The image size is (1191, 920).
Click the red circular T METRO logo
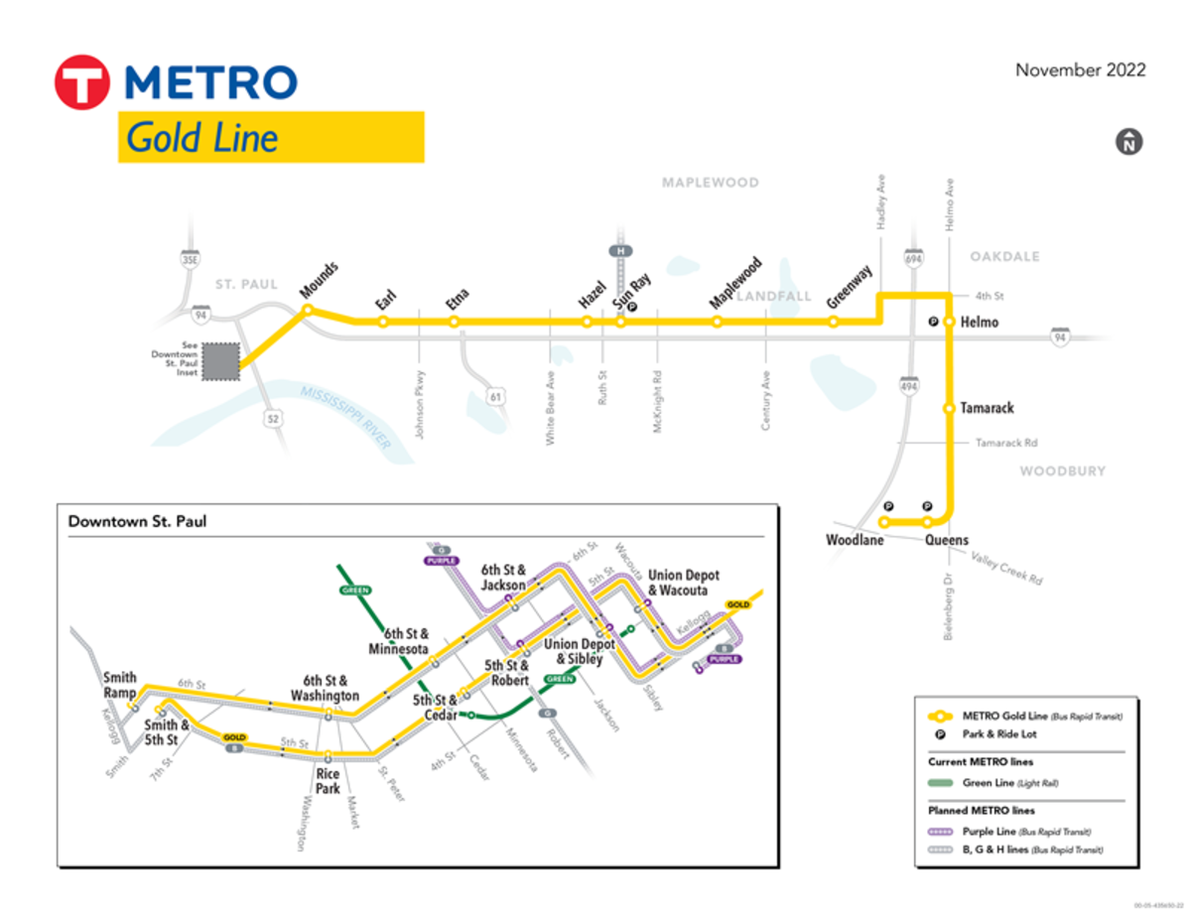[81, 81]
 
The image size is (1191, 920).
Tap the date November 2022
[1080, 70]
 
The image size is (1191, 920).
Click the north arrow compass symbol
[1128, 142]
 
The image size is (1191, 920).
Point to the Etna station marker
[454, 322]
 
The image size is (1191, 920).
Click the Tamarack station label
[987, 408]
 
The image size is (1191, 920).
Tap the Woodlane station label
[855, 541]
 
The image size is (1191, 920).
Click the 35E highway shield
[190, 260]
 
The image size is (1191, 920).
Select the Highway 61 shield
[496, 397]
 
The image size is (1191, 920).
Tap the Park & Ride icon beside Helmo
[933, 322]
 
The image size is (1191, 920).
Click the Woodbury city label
[1062, 470]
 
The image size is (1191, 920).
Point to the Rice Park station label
[329, 781]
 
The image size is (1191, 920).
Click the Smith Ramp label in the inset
[120, 686]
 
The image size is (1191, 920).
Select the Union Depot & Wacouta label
[683, 583]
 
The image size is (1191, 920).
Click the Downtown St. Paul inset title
[137, 521]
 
